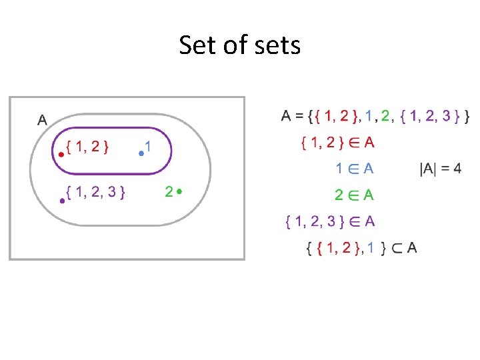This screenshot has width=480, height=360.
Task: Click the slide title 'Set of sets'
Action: pyautogui.click(x=240, y=46)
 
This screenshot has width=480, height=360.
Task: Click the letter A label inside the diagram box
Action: pyautogui.click(x=42, y=120)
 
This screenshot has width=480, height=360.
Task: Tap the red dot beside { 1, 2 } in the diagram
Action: pyautogui.click(x=61, y=154)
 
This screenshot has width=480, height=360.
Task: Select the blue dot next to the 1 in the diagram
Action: pyautogui.click(x=141, y=153)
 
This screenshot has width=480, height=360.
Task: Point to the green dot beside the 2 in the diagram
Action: pyautogui.click(x=180, y=191)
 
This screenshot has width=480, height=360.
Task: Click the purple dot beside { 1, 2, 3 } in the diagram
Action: pyautogui.click(x=62, y=200)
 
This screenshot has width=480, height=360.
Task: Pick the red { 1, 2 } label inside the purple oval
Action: pyautogui.click(x=88, y=146)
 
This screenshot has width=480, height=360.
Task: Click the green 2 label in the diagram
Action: pyautogui.click(x=169, y=192)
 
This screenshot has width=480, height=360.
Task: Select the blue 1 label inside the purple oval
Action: pyautogui.click(x=148, y=145)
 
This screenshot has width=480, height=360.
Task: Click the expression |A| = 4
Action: pyautogui.click(x=441, y=169)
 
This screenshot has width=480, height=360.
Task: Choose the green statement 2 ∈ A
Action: pyautogui.click(x=354, y=195)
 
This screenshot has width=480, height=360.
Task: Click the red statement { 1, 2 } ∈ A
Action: pyautogui.click(x=337, y=142)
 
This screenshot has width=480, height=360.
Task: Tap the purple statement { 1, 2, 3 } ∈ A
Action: pyautogui.click(x=329, y=221)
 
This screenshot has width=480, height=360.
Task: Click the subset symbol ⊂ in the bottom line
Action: pyautogui.click(x=396, y=249)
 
